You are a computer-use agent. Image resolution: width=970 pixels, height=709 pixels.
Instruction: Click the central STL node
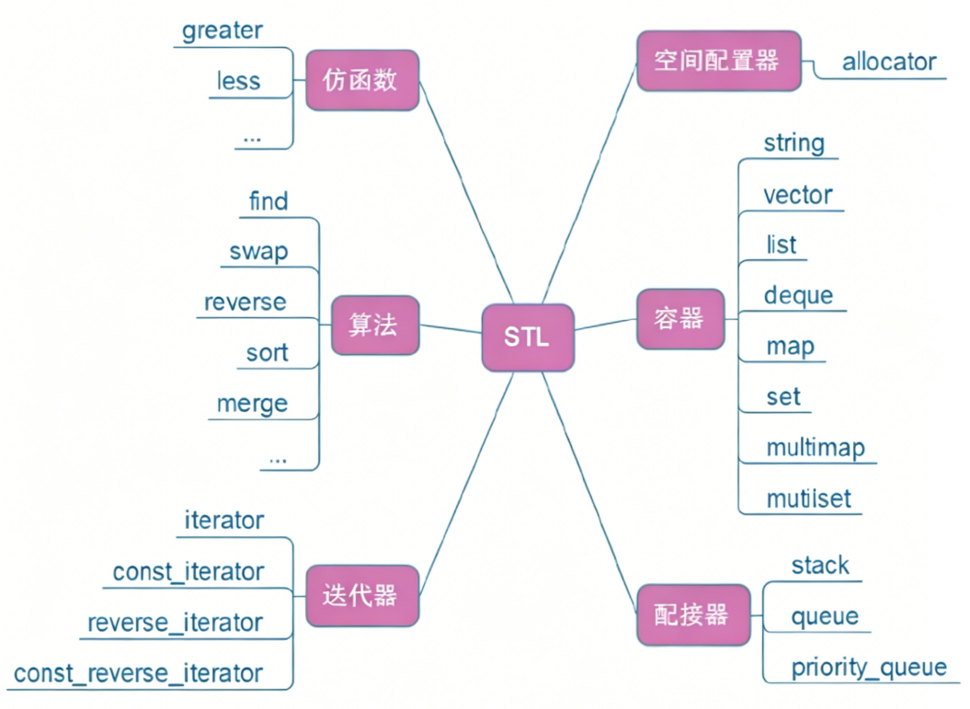pyautogui.click(x=527, y=337)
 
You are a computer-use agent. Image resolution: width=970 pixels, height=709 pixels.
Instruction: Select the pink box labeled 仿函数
pyautogui.click(x=361, y=80)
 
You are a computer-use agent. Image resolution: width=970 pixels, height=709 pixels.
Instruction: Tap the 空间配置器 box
pyautogui.click(x=718, y=61)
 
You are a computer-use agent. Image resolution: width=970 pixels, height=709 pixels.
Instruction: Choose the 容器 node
pyautogui.click(x=680, y=318)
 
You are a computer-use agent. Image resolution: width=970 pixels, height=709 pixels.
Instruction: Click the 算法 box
pyautogui.click(x=374, y=326)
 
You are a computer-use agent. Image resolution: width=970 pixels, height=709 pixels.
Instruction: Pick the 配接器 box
pyautogui.click(x=692, y=613)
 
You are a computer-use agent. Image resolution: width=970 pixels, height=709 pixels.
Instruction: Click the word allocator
pyautogui.click(x=888, y=62)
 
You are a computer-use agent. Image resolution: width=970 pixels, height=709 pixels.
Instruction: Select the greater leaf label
pyautogui.click(x=222, y=30)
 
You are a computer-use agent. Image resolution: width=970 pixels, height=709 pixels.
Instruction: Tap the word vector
pyautogui.click(x=797, y=195)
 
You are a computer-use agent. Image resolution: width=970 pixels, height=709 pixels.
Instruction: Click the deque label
pyautogui.click(x=798, y=295)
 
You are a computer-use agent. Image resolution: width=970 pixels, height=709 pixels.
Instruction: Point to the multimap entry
pyautogui.click(x=815, y=448)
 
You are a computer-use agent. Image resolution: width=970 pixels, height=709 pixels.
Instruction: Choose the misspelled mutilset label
pyautogui.click(x=808, y=498)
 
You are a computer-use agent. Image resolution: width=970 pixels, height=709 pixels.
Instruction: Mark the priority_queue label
pyautogui.click(x=868, y=667)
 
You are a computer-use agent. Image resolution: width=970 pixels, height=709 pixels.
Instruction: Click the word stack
pyautogui.click(x=819, y=565)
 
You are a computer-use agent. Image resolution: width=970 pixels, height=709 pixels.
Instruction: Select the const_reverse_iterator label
pyautogui.click(x=138, y=673)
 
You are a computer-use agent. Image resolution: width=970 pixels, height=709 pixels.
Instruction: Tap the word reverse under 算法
pyautogui.click(x=245, y=302)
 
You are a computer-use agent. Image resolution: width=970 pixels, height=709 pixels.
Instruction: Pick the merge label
pyautogui.click(x=252, y=403)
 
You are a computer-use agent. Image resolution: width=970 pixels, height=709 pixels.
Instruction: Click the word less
pyautogui.click(x=238, y=81)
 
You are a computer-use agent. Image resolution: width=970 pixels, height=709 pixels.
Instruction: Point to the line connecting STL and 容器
pyautogui.click(x=605, y=323)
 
